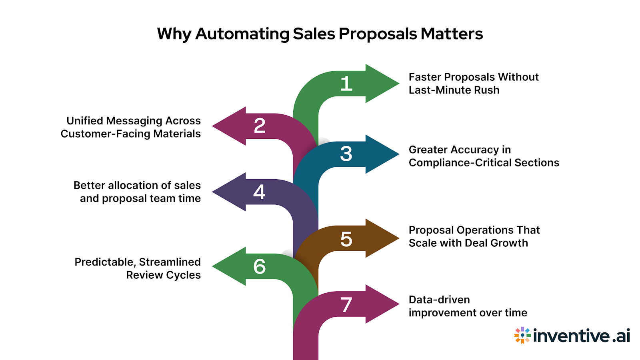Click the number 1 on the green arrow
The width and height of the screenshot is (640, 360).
point(346,84)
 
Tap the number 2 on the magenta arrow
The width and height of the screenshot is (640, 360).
point(260,126)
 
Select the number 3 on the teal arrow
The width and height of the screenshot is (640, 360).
point(346,154)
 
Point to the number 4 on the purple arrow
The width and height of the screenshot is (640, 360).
point(259,192)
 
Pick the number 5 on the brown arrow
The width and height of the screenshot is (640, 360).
point(346,239)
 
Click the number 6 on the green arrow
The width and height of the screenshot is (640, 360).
point(260,266)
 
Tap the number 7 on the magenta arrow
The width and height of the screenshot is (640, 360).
point(346,305)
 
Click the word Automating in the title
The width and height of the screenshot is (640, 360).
point(242,34)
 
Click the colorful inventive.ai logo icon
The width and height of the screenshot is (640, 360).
point(522,335)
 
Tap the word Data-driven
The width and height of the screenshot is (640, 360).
point(439,300)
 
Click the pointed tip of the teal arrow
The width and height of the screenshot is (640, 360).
point(398,154)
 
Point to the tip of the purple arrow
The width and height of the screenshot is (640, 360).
point(214,192)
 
